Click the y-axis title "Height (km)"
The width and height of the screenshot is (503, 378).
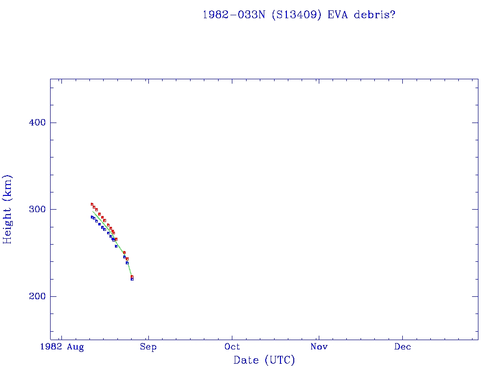pos(7,209)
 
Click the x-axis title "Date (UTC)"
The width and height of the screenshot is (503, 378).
pos(264,360)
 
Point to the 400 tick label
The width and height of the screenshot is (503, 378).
pos(34,123)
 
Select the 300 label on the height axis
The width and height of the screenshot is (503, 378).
pos(34,209)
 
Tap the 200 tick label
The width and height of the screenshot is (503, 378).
pos(34,296)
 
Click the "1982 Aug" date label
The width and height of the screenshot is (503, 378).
pos(62,347)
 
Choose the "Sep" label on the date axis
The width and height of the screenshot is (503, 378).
pos(148,347)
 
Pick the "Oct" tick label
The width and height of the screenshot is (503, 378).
pos(232,347)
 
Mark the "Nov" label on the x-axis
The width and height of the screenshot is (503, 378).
pos(319,347)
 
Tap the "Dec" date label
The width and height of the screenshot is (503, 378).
pos(403,347)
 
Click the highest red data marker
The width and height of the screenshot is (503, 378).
pos(92,204)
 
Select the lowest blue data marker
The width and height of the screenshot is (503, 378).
pos(132,279)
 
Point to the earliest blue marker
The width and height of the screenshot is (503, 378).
pos(92,217)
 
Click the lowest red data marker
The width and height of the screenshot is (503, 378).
pos(132,277)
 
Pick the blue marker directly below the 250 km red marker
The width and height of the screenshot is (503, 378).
pos(124,257)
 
